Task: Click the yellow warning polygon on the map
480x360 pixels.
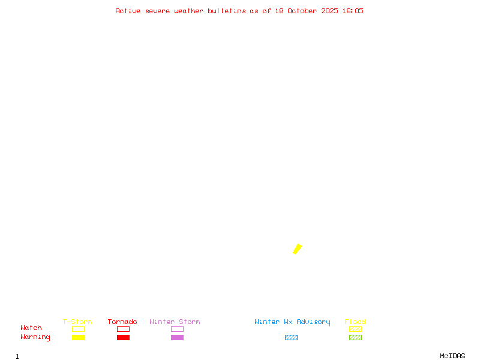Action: pos(297,249)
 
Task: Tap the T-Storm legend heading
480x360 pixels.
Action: pos(77,322)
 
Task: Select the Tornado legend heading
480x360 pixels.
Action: pos(122,322)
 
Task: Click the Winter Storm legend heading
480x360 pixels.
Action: pos(175,322)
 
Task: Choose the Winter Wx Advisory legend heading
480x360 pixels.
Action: pos(292,322)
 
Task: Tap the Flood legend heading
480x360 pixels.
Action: pos(355,322)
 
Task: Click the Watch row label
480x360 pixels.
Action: pos(31,328)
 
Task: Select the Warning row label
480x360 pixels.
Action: pos(35,337)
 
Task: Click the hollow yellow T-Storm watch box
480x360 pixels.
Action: pos(78,329)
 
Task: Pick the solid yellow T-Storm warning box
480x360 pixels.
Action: pos(78,337)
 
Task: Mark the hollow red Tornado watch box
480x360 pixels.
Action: pos(123,329)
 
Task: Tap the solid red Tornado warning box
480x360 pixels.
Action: pos(123,337)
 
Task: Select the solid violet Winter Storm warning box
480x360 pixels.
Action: pos(177,337)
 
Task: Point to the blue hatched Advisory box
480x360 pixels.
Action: pos(291,337)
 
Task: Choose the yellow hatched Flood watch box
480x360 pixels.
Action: pos(355,329)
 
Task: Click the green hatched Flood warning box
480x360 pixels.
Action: pos(355,337)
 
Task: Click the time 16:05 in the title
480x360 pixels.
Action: pos(353,11)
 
